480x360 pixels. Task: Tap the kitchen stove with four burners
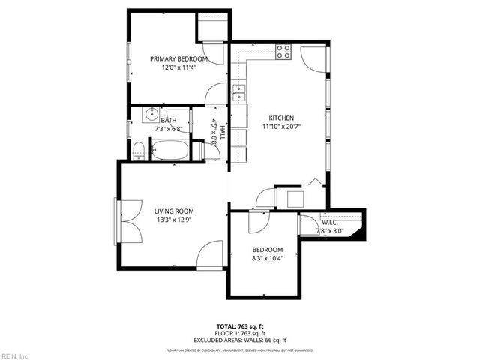click(283, 52)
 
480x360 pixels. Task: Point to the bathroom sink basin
click(150, 116)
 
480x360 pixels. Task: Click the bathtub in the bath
click(171, 151)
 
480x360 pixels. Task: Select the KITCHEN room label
click(281, 118)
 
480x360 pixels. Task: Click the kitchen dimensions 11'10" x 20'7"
click(281, 127)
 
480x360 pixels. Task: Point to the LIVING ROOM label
click(175, 211)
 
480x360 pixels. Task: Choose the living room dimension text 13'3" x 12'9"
click(175, 220)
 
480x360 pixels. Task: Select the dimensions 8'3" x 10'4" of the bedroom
click(267, 259)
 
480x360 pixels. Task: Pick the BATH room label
click(169, 120)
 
